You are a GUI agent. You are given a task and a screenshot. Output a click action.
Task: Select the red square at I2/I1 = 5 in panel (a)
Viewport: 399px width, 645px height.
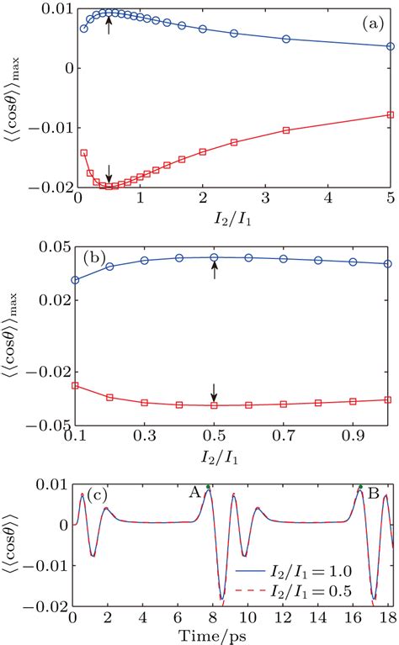coord(390,114)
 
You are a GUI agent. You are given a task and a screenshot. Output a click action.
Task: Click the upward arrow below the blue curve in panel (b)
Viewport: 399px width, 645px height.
coord(214,270)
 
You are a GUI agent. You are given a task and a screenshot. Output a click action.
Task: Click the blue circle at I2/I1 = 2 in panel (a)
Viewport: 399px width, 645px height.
coord(203,29)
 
